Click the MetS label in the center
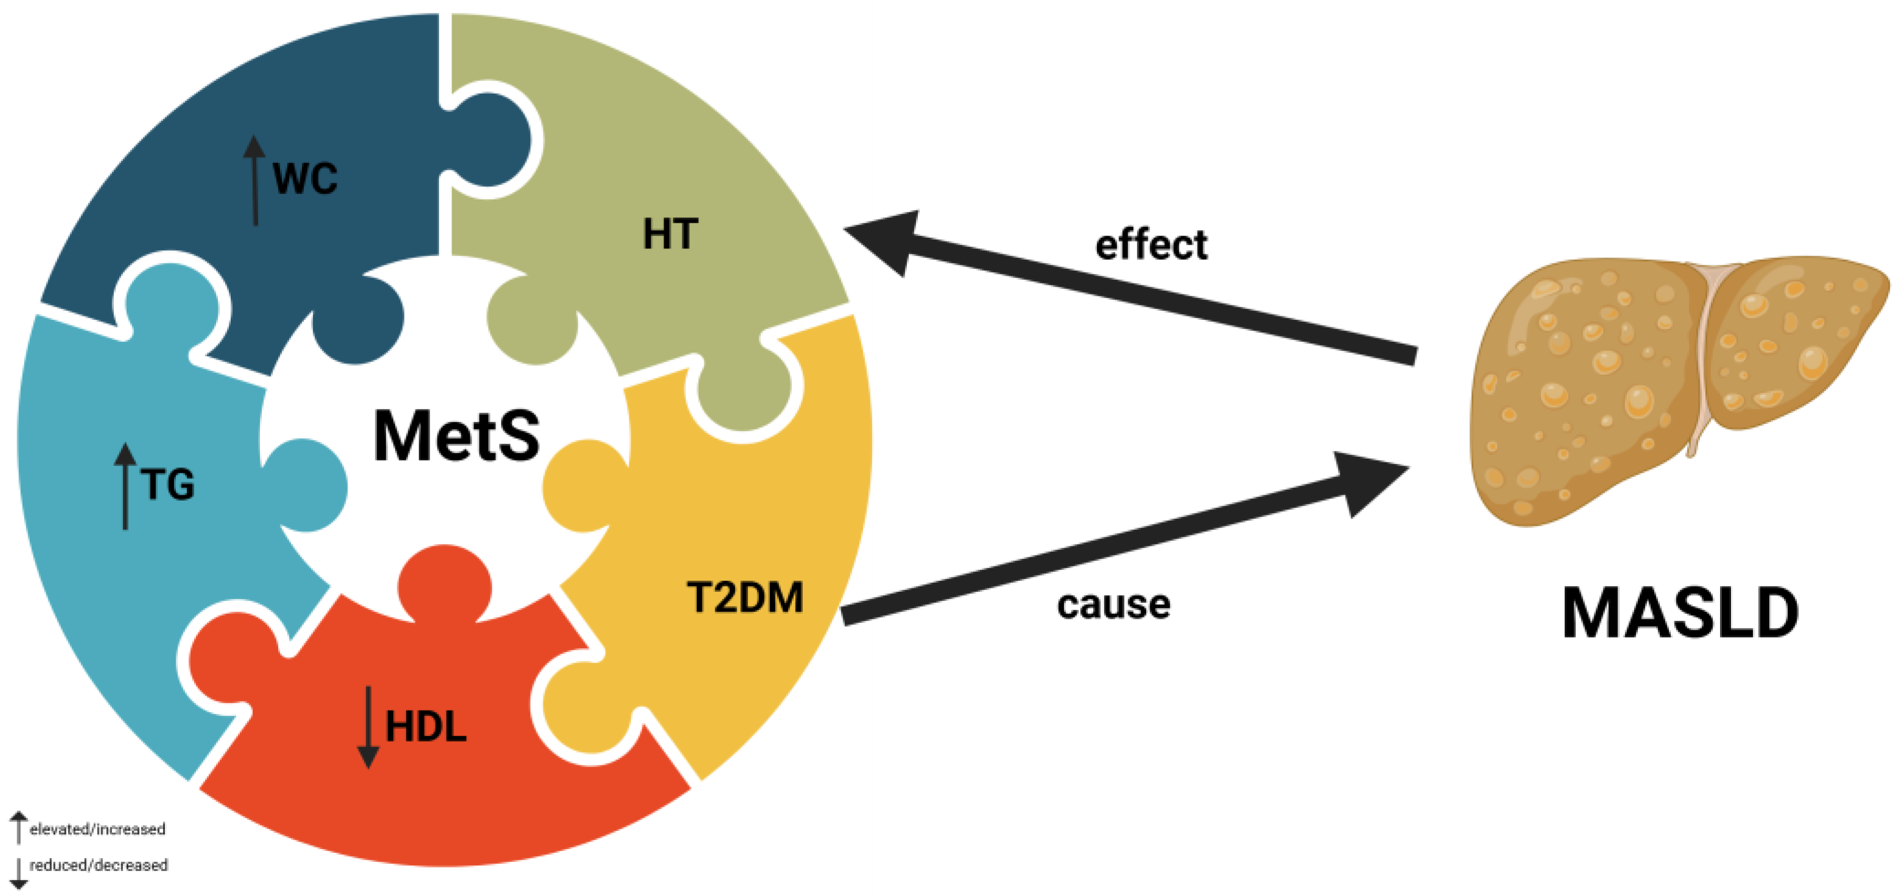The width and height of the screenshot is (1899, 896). tap(456, 436)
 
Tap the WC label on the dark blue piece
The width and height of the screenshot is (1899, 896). tap(305, 178)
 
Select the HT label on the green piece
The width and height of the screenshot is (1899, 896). tap(670, 234)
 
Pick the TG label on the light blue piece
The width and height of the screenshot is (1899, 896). tap(169, 485)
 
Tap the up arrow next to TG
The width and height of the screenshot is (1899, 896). tap(125, 485)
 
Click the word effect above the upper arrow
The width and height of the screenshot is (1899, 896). tap(1151, 245)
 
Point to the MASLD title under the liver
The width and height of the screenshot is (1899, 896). tap(1680, 614)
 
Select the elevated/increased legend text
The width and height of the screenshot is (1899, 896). tap(97, 830)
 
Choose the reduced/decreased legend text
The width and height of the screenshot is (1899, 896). tap(98, 865)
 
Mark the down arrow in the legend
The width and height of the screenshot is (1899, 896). tap(18, 872)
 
